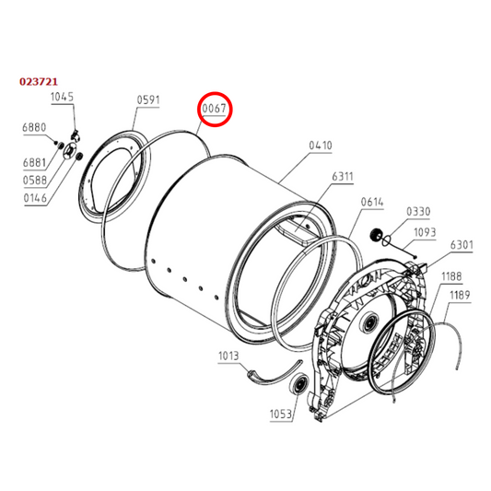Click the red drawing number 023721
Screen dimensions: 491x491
tap(41, 82)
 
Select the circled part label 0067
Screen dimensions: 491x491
tap(215, 111)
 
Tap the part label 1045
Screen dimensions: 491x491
tap(62, 97)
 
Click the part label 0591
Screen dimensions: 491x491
tap(148, 100)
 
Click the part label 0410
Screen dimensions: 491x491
tap(321, 146)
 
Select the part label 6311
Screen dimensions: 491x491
tap(343, 178)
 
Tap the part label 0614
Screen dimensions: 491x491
tap(372, 202)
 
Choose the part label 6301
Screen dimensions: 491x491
tap(462, 246)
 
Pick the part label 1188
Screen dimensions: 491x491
tap(451, 275)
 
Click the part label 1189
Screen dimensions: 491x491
tap(461, 295)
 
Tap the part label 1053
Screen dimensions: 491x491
tap(280, 414)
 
